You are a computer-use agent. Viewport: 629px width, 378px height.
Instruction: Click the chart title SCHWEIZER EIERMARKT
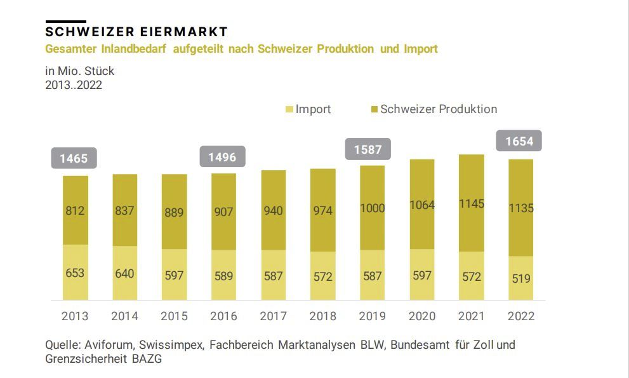(136, 32)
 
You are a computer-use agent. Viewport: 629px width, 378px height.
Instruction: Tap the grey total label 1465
(74, 158)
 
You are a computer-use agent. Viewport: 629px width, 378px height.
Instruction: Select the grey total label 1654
(519, 141)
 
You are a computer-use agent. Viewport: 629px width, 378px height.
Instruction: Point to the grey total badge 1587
(367, 149)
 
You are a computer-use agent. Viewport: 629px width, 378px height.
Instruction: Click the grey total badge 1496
(223, 156)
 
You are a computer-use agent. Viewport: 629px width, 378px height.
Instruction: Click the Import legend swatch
(290, 110)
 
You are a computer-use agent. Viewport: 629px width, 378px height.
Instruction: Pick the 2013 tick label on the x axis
(75, 316)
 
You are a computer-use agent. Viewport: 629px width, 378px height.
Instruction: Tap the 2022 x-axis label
(521, 316)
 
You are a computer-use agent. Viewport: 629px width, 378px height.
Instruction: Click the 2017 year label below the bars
(273, 316)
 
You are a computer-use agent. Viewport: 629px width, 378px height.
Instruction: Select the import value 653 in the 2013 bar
(74, 273)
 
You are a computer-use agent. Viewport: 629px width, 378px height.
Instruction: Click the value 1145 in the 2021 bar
(472, 203)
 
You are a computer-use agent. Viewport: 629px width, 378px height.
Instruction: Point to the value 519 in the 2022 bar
(520, 278)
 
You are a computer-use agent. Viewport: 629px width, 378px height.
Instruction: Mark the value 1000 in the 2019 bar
(372, 208)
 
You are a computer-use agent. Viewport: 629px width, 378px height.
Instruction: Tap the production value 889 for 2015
(174, 213)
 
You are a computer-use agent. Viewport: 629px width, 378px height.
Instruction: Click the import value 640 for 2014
(124, 273)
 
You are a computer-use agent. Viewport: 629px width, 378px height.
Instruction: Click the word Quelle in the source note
(62, 345)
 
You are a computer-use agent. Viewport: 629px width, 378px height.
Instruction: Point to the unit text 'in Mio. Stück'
(80, 71)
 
